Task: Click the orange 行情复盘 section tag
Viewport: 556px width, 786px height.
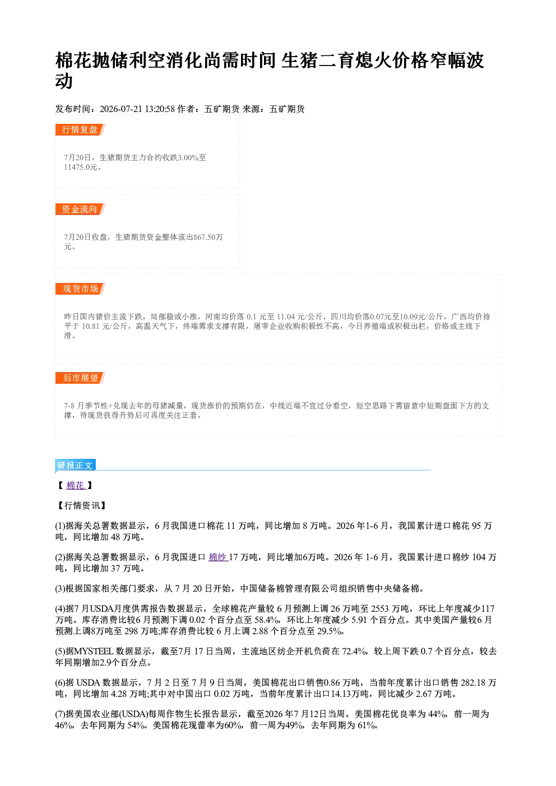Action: tap(80, 129)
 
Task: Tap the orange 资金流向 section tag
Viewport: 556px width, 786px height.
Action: tap(80, 209)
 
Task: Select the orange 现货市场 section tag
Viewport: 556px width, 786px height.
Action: tap(80, 289)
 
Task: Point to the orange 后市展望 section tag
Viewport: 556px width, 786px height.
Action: tap(80, 378)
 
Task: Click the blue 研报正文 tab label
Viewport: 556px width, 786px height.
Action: tap(75, 466)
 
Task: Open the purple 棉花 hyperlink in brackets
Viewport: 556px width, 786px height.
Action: tap(76, 485)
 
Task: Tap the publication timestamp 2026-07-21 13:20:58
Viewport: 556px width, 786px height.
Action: tap(137, 109)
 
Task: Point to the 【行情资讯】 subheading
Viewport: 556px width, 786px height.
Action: tap(82, 506)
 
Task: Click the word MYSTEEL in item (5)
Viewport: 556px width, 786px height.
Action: tap(94, 651)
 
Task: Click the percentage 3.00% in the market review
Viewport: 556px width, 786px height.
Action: tap(188, 157)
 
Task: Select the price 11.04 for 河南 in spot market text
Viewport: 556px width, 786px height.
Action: tap(286, 317)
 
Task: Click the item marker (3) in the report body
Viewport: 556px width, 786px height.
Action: tap(60, 588)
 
